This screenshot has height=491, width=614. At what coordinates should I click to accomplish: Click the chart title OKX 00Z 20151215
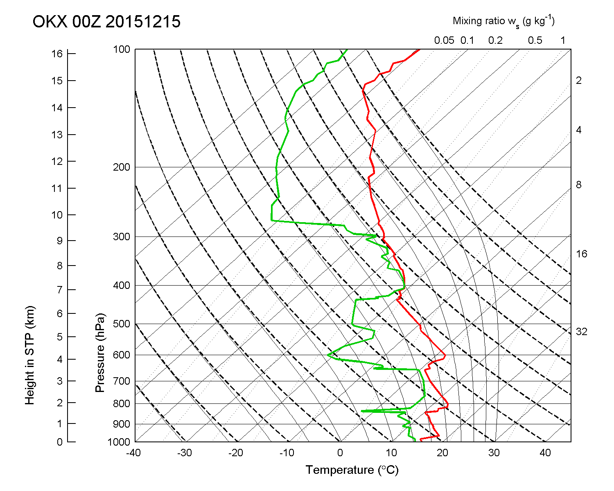coord(106,22)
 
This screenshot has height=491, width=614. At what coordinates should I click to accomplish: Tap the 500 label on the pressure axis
coord(122,324)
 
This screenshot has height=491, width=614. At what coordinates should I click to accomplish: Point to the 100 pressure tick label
coord(122,50)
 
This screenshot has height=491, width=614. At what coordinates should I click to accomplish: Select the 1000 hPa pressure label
coord(119,442)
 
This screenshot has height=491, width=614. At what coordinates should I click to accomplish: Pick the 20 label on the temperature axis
coord(443,453)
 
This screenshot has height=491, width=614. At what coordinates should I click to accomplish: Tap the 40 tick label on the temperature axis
coord(546,453)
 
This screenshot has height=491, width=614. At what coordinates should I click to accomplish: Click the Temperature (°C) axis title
coord(352,470)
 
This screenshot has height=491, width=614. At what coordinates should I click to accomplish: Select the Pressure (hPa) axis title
coord(100,353)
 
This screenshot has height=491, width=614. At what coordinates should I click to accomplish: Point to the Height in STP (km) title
coord(29,355)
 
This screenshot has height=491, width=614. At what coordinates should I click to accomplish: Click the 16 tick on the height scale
coord(57,54)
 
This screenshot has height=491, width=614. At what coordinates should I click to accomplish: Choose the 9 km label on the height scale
coord(60,241)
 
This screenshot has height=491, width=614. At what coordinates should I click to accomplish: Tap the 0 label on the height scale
coord(60,442)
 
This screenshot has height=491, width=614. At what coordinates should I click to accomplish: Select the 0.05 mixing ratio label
coord(444,41)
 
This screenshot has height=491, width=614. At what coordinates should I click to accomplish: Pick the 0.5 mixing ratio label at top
coord(535,41)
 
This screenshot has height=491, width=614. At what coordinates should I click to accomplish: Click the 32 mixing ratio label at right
coord(581,332)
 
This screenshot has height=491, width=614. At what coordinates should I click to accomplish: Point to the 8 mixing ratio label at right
coord(578,185)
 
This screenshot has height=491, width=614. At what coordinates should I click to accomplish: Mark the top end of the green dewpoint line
coord(347,50)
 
